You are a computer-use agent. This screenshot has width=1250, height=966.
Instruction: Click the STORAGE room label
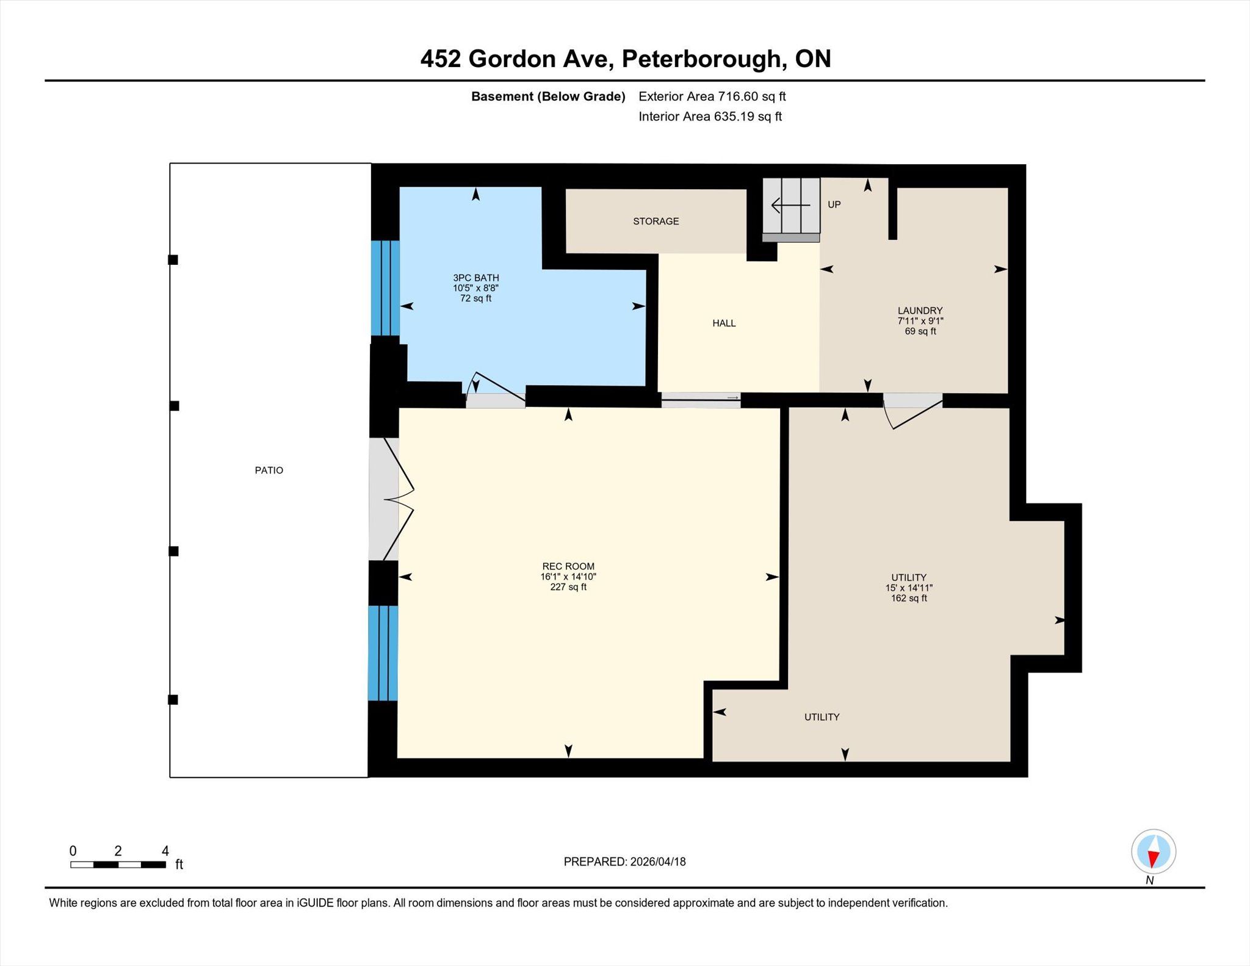[x=656, y=221]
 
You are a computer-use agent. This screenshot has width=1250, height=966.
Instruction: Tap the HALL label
[x=724, y=323]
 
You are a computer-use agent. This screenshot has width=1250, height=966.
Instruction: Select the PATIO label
[x=269, y=470]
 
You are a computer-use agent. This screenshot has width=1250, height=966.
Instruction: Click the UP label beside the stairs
[x=834, y=204]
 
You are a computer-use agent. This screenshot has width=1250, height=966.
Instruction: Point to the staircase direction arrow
[x=791, y=206]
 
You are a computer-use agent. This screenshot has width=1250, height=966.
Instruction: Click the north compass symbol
[x=1153, y=851]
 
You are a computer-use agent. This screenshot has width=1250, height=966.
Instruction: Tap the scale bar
[x=118, y=864]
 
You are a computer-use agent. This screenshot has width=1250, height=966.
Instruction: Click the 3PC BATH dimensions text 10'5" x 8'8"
[x=475, y=288]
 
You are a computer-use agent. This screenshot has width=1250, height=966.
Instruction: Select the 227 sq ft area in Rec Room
[x=568, y=587]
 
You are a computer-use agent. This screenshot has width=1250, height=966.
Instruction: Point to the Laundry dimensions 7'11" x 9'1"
[x=920, y=321]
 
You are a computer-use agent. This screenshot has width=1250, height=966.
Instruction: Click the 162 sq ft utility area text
[x=909, y=598]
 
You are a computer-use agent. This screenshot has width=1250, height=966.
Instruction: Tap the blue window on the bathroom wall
[x=386, y=287]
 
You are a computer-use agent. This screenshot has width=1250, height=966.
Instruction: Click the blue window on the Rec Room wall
[x=383, y=653]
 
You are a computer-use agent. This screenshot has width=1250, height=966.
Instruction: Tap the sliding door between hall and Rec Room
[x=701, y=400]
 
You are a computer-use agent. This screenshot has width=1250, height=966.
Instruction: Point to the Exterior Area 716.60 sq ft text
[x=712, y=96]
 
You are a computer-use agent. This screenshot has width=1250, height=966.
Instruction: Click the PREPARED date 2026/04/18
[x=658, y=862]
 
